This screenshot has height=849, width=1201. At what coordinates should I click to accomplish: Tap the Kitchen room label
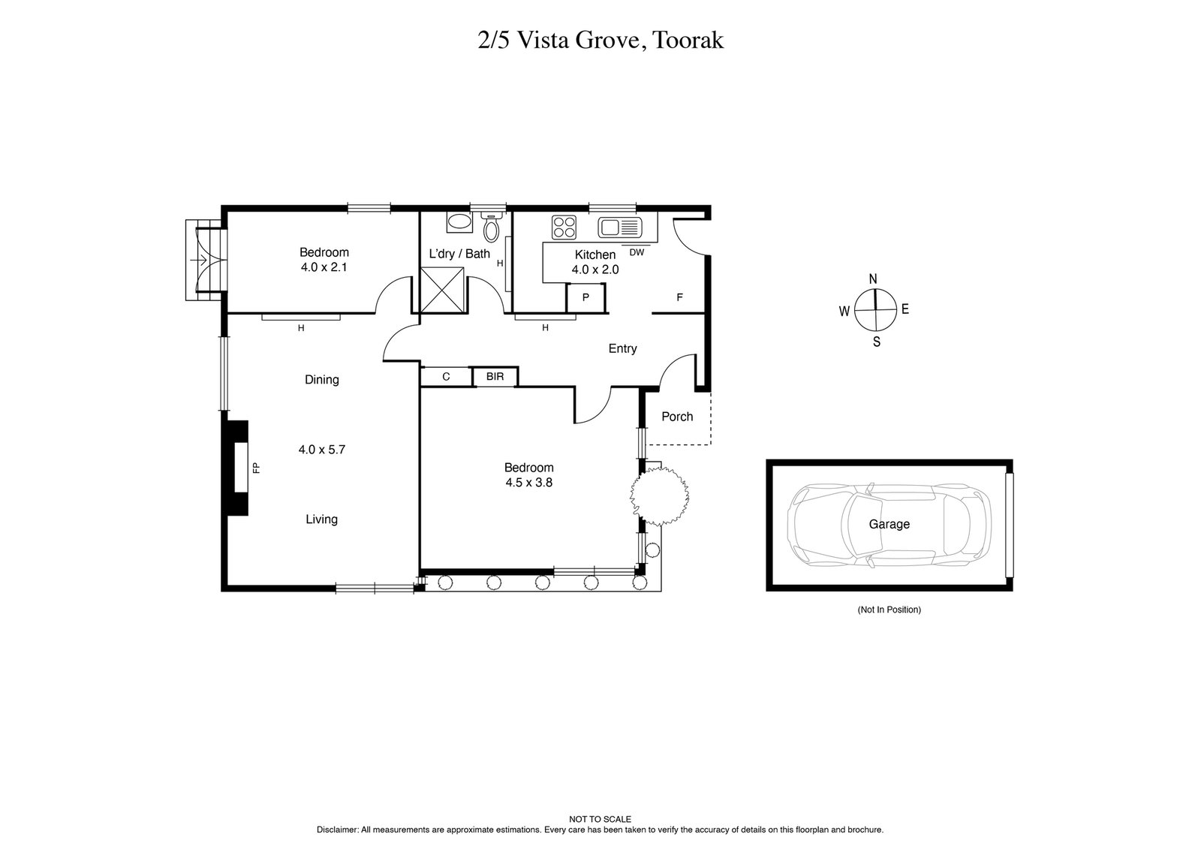[595, 255]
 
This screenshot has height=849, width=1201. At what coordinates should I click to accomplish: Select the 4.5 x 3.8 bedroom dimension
[528, 483]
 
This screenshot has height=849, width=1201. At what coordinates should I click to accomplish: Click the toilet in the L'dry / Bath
[492, 226]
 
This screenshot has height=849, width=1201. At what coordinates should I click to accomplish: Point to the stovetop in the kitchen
[564, 227]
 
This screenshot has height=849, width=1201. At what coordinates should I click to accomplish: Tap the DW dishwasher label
[637, 253]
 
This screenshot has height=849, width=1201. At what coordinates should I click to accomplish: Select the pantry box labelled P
[585, 297]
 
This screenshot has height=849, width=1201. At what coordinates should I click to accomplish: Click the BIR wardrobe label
[495, 377]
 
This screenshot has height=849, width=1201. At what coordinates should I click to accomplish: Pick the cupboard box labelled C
[446, 377]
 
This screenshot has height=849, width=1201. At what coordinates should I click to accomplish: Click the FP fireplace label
[256, 468]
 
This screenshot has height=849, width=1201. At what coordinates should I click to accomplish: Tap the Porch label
[677, 417]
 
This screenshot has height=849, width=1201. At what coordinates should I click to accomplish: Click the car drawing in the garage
[889, 524]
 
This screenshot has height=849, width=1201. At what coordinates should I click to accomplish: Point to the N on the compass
[873, 279]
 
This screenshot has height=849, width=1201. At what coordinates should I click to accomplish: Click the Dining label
[321, 380]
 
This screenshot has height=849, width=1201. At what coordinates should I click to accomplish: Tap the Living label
[321, 519]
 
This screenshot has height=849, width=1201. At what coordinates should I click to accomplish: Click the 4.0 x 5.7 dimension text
[321, 450]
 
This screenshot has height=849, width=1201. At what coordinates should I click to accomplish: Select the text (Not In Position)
[889, 610]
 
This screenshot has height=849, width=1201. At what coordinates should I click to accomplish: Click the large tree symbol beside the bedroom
[659, 495]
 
